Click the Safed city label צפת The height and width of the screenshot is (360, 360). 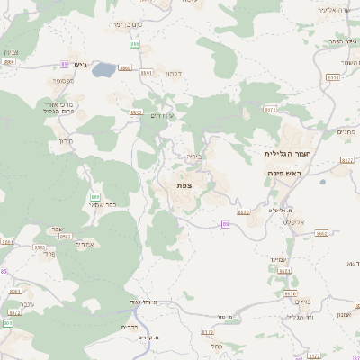(x=184, y=184)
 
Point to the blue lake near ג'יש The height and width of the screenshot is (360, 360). (x=103, y=68)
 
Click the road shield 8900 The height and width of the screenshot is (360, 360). (x=136, y=111)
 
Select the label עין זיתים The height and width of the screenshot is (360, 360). (x=163, y=115)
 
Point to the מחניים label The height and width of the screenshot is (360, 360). (x=345, y=131)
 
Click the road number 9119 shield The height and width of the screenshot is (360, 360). (x=333, y=78)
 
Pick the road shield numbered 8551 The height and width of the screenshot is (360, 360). (x=7, y=242)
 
